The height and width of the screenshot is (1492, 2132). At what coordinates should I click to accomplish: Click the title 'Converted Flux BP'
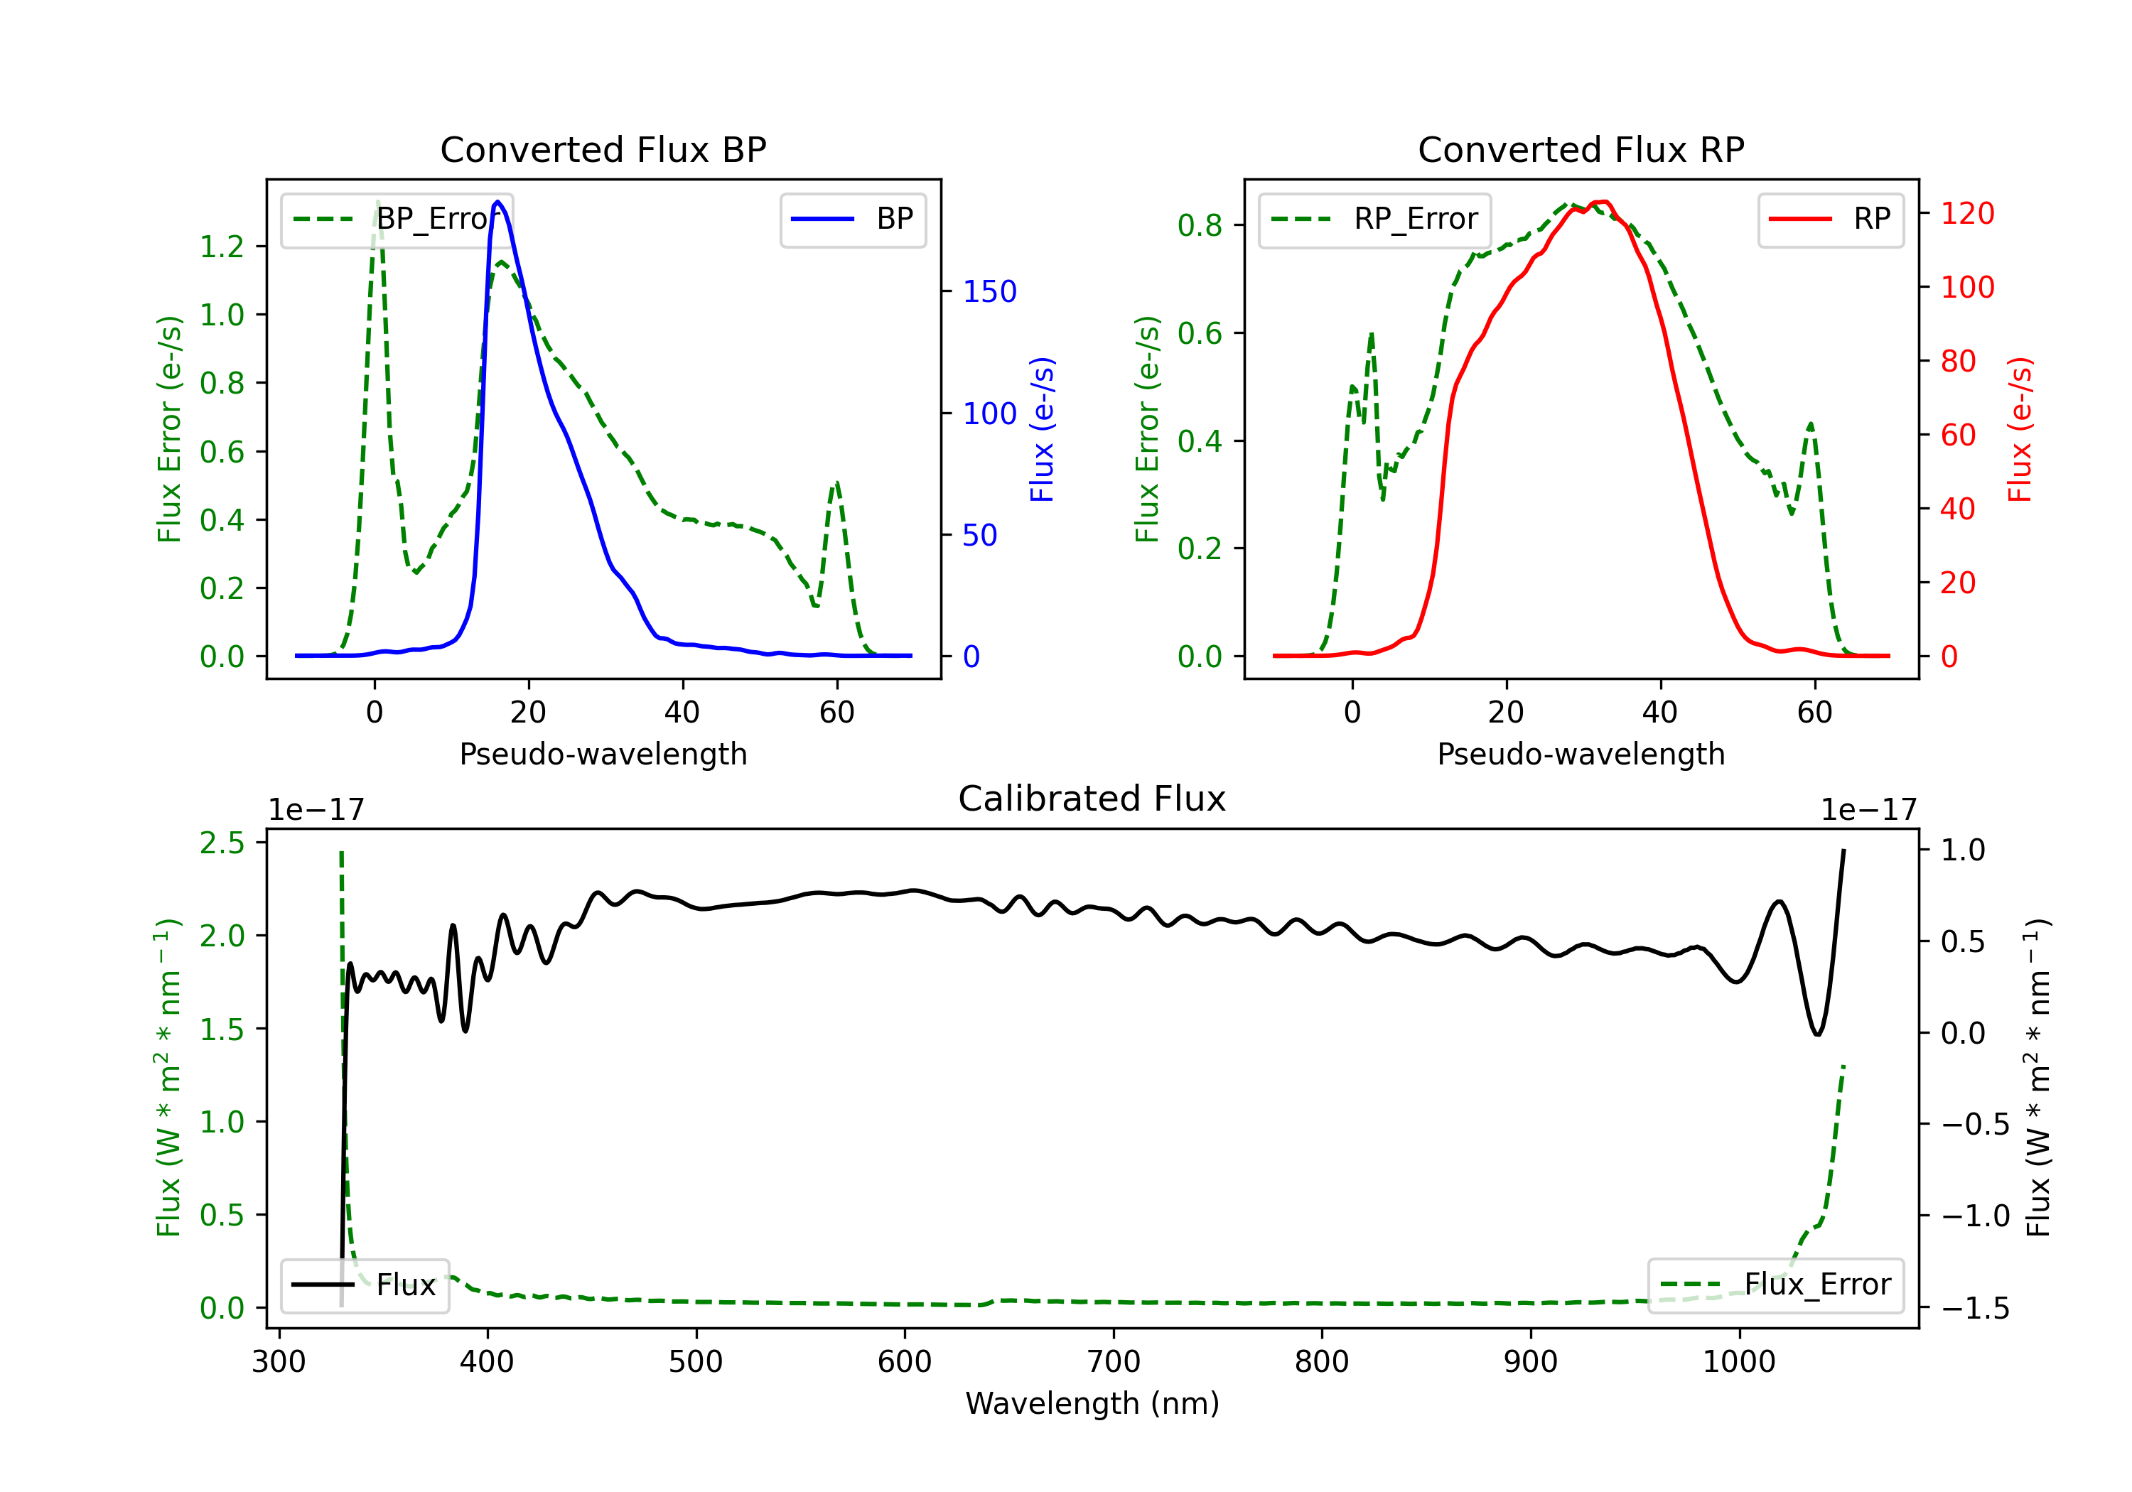pyautogui.click(x=603, y=149)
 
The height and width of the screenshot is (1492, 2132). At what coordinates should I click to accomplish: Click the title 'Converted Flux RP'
pyautogui.click(x=1581, y=149)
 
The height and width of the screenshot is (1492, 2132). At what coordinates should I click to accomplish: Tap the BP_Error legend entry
pyautogui.click(x=397, y=219)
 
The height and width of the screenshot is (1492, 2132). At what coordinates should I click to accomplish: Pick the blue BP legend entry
pyautogui.click(x=852, y=219)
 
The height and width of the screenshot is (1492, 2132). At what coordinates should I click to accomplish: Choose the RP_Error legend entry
pyautogui.click(x=1374, y=219)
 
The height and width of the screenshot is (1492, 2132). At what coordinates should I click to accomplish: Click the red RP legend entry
pyautogui.click(x=1830, y=219)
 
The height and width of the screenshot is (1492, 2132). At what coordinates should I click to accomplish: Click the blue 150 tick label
pyautogui.click(x=989, y=291)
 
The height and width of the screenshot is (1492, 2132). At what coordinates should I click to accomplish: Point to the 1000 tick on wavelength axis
pyautogui.click(x=1738, y=1361)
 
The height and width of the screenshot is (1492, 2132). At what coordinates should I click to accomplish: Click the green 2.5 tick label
pyautogui.click(x=222, y=843)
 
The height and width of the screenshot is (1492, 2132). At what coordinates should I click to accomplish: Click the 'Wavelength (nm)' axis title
pyautogui.click(x=1092, y=1403)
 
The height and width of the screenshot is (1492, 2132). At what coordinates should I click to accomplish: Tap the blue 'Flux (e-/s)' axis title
pyautogui.click(x=1042, y=429)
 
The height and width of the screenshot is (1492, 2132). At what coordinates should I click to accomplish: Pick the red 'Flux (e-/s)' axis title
pyautogui.click(x=2020, y=429)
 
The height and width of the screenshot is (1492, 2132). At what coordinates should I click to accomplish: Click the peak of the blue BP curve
pyautogui.click(x=497, y=202)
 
